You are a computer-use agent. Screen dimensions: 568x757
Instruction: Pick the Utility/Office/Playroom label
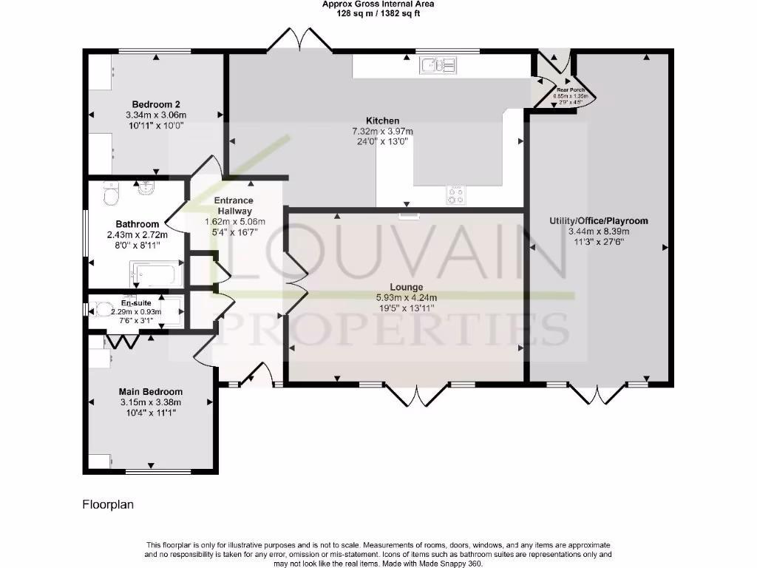click(599, 220)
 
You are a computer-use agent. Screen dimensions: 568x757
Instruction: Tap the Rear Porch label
click(570, 89)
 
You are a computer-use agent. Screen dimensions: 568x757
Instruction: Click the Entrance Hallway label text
click(234, 206)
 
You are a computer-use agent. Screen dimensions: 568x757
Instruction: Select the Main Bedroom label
click(151, 391)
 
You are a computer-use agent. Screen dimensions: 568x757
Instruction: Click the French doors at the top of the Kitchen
click(299, 41)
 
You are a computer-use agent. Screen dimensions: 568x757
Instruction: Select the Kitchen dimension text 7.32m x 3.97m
click(382, 131)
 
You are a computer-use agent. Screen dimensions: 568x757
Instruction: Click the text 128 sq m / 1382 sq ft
click(378, 13)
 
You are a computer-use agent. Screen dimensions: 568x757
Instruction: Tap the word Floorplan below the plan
click(108, 504)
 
